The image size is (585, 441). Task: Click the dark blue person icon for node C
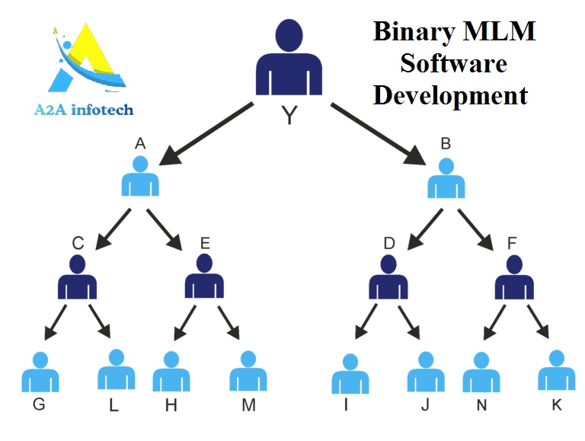coord(77,277)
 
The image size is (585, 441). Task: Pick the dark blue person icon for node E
coord(204,277)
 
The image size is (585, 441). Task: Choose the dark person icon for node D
coord(388,277)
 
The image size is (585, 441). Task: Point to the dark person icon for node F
coord(514,277)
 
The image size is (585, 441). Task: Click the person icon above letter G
coord(40,372)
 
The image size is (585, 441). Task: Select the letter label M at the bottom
coord(248,405)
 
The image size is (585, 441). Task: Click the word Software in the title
coord(454,63)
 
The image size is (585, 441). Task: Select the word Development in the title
coord(451,95)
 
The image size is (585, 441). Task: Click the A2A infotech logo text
coord(84,110)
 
